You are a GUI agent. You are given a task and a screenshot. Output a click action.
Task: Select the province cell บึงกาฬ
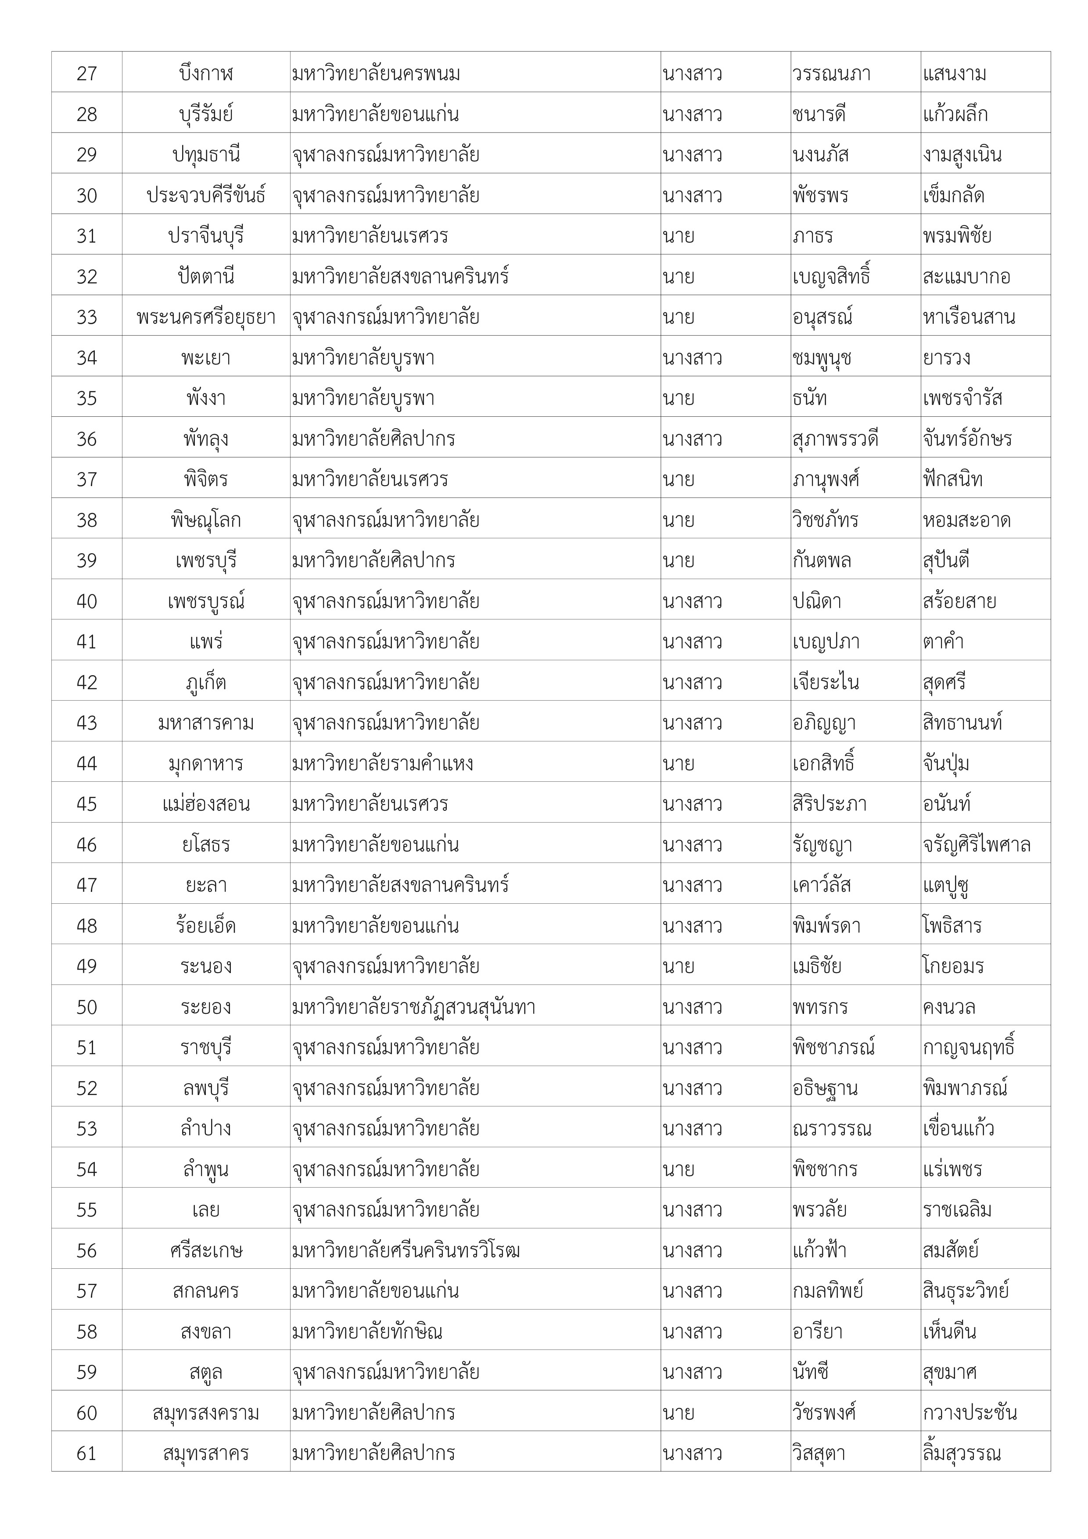click(x=206, y=73)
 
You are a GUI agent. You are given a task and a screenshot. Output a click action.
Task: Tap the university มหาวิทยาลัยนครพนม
click(x=376, y=73)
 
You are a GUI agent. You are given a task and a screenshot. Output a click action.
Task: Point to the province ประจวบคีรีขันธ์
click(x=206, y=195)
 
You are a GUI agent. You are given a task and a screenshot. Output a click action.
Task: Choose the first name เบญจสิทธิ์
click(x=830, y=276)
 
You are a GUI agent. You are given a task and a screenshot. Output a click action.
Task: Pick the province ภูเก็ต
click(x=206, y=682)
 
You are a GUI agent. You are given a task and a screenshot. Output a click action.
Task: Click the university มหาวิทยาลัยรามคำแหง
click(x=383, y=763)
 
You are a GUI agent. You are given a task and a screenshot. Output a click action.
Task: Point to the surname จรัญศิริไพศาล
click(x=976, y=845)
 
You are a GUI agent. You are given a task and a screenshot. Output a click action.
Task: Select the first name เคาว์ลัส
click(x=821, y=885)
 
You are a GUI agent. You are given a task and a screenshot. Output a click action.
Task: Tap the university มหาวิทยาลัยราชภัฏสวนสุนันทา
click(x=413, y=1007)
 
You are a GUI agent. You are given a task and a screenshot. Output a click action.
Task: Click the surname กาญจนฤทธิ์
click(x=968, y=1047)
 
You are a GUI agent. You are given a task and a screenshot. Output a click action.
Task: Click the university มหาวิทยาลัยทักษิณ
click(x=367, y=1331)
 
